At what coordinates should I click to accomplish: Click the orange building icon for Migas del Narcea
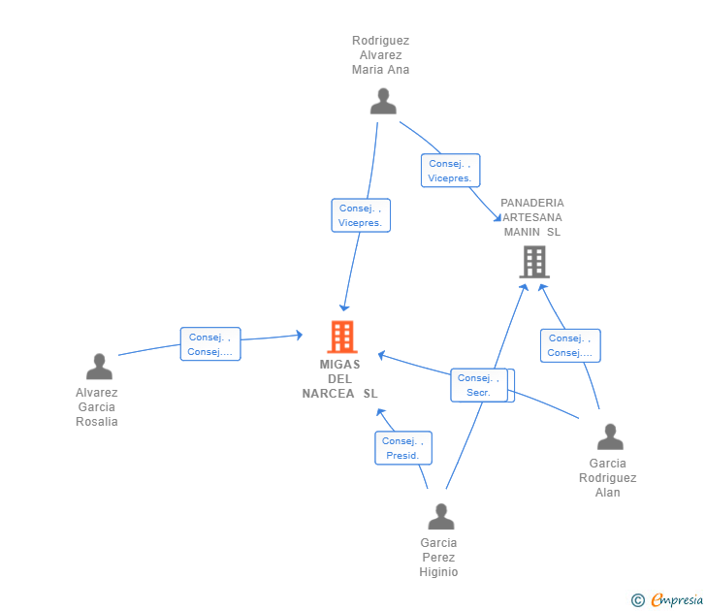[x=342, y=337]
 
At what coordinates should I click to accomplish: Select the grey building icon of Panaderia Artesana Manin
[x=534, y=262]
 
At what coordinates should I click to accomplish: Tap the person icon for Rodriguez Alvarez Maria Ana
[x=383, y=101]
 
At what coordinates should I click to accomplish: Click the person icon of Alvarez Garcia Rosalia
[x=99, y=366]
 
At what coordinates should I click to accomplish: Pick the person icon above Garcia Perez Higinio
[x=441, y=517]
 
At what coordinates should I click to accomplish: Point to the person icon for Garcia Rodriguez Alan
[x=610, y=436]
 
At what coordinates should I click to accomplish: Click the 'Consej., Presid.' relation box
[x=403, y=448]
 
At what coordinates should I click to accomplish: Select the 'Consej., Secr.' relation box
[x=479, y=385]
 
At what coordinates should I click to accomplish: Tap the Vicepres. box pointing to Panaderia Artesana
[x=450, y=170]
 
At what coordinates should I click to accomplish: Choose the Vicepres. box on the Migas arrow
[x=361, y=215]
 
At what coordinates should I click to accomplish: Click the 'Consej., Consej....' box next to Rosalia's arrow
[x=210, y=344]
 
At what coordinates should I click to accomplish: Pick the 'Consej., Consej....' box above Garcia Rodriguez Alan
[x=570, y=345]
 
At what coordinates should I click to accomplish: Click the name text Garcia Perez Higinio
[x=438, y=558]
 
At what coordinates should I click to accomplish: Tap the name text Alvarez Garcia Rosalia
[x=97, y=407]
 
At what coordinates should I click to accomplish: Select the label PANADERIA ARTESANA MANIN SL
[x=532, y=217]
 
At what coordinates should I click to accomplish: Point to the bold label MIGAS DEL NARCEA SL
[x=340, y=379]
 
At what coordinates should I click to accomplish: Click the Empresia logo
[x=677, y=600]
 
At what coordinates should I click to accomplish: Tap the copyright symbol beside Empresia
[x=637, y=600]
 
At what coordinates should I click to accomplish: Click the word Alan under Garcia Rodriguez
[x=608, y=493]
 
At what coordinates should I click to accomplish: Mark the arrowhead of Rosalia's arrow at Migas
[x=299, y=335]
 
